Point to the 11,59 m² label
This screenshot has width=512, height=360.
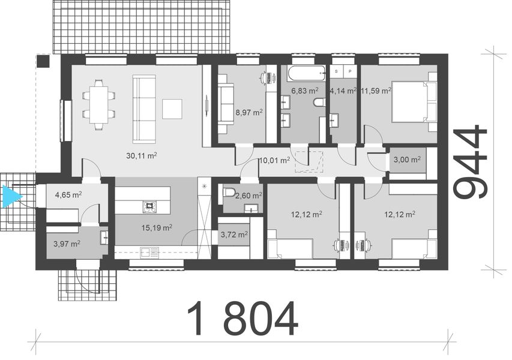coord(375,91)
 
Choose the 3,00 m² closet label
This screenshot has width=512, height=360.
coord(407,160)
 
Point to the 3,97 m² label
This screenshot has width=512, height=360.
coord(67,243)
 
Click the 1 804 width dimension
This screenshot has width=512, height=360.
coord(242,319)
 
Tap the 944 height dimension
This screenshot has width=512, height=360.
coord(470,161)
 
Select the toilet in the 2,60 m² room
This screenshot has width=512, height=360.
coord(229,193)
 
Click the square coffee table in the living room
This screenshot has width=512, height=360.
coord(172,108)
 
